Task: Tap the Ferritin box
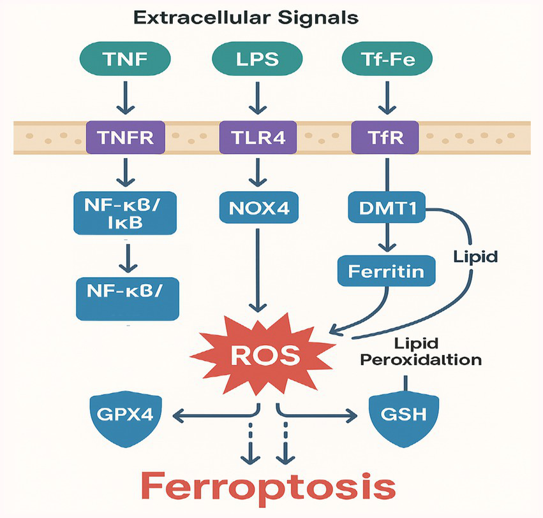pyautogui.click(x=386, y=270)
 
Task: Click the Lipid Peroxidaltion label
pyautogui.click(x=420, y=351)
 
